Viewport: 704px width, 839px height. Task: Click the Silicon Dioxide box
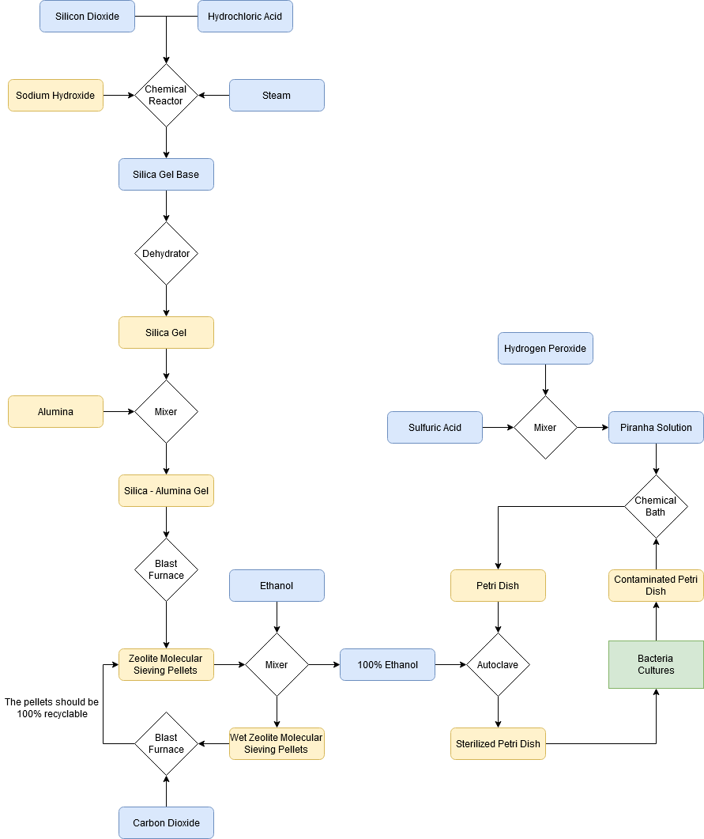pos(87,16)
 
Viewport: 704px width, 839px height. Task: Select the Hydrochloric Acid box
pos(245,16)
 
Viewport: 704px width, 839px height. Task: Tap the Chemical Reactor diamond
pos(166,95)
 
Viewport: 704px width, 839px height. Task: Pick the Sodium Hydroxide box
pos(55,95)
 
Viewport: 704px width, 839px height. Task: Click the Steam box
pos(277,95)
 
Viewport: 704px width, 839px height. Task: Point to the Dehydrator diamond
pos(166,253)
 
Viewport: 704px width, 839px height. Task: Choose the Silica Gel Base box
pos(166,174)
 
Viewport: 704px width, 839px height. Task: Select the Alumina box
pos(55,411)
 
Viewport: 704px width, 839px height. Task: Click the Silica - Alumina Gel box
pos(166,490)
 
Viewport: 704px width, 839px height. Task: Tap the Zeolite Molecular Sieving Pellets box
pos(166,664)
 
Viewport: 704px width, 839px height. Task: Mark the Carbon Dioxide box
pos(166,822)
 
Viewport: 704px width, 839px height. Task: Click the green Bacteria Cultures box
pos(656,664)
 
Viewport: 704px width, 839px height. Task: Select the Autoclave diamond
pos(498,664)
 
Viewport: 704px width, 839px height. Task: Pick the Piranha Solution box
pos(656,427)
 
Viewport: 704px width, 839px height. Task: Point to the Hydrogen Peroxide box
pos(545,348)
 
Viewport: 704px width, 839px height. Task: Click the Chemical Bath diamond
pos(656,506)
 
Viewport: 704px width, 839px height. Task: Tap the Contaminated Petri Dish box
pos(656,585)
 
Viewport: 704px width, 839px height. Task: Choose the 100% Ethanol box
pos(387,664)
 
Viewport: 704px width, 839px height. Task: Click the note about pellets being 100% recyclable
pos(51,708)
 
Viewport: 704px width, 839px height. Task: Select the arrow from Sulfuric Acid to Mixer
pos(498,427)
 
